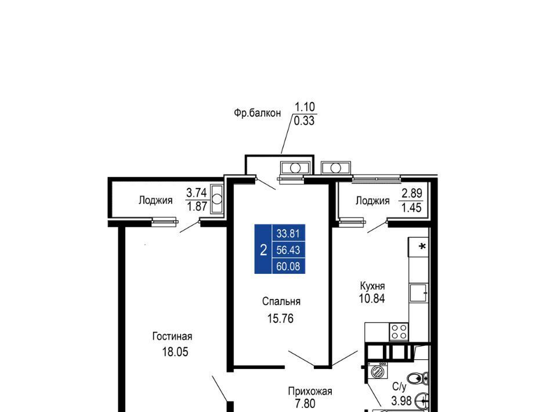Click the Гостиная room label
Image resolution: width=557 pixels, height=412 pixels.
[x=172, y=337]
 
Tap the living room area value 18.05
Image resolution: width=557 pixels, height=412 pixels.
[x=175, y=352]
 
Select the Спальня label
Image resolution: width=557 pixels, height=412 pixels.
[x=281, y=302]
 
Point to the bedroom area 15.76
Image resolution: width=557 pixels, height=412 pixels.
[x=280, y=319]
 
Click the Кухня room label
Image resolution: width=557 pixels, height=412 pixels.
[x=372, y=286]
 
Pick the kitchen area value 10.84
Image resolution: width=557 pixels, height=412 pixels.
[x=372, y=299]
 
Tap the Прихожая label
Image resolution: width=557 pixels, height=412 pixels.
[x=310, y=391]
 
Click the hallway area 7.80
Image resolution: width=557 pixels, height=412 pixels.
[x=305, y=404]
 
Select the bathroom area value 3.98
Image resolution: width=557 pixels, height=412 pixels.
[x=402, y=401]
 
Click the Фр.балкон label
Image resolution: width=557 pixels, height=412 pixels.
[x=257, y=113]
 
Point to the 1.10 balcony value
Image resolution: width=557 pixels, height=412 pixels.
[x=305, y=107]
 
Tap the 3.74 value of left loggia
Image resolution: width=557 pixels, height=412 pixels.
[x=197, y=193]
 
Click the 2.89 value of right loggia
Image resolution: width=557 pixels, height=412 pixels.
[x=412, y=194]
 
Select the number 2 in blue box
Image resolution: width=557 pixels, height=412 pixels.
[x=263, y=250]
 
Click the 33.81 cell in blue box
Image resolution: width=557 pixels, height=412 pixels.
[x=288, y=234]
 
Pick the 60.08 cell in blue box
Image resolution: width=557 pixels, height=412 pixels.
[x=288, y=266]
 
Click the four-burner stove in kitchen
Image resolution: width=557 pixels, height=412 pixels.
[x=399, y=332]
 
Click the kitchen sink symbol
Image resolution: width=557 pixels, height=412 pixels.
[x=418, y=292]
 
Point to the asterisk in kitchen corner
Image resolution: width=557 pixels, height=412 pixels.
[x=422, y=246]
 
